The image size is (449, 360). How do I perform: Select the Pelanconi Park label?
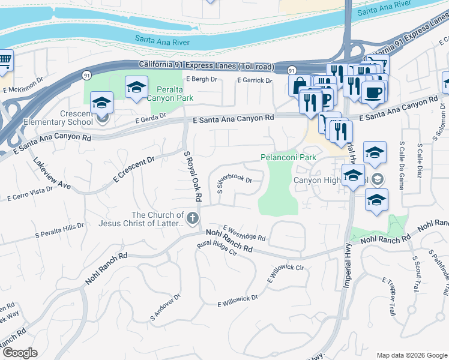point(288,157)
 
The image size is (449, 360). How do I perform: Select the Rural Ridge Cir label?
point(217,248)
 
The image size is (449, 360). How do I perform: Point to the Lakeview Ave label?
point(52,175)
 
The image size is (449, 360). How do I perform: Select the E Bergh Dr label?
point(201,79)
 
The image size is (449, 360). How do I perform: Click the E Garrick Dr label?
point(255,80)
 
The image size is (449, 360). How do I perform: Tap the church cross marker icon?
point(193,218)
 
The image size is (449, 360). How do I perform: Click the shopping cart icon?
point(5,60)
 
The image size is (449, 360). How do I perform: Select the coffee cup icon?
point(373,92)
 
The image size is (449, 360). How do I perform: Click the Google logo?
point(20,353)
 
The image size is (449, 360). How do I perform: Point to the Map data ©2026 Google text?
point(411,355)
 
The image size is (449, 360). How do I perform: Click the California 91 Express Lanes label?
point(206,65)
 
